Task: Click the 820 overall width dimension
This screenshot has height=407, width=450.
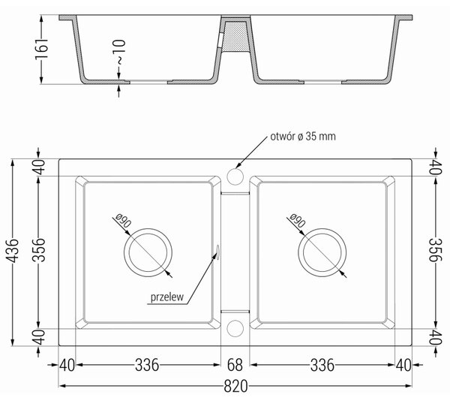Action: click(235, 386)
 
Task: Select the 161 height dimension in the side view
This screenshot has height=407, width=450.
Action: click(41, 49)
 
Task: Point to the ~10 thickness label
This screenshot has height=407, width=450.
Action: click(119, 52)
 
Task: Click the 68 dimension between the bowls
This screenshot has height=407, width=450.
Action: click(235, 365)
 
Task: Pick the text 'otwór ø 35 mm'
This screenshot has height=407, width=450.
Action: click(303, 136)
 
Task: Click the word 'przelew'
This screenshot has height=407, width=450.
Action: click(167, 297)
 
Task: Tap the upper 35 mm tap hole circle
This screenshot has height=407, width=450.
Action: click(235, 176)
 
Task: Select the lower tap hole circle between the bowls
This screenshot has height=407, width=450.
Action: click(235, 328)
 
